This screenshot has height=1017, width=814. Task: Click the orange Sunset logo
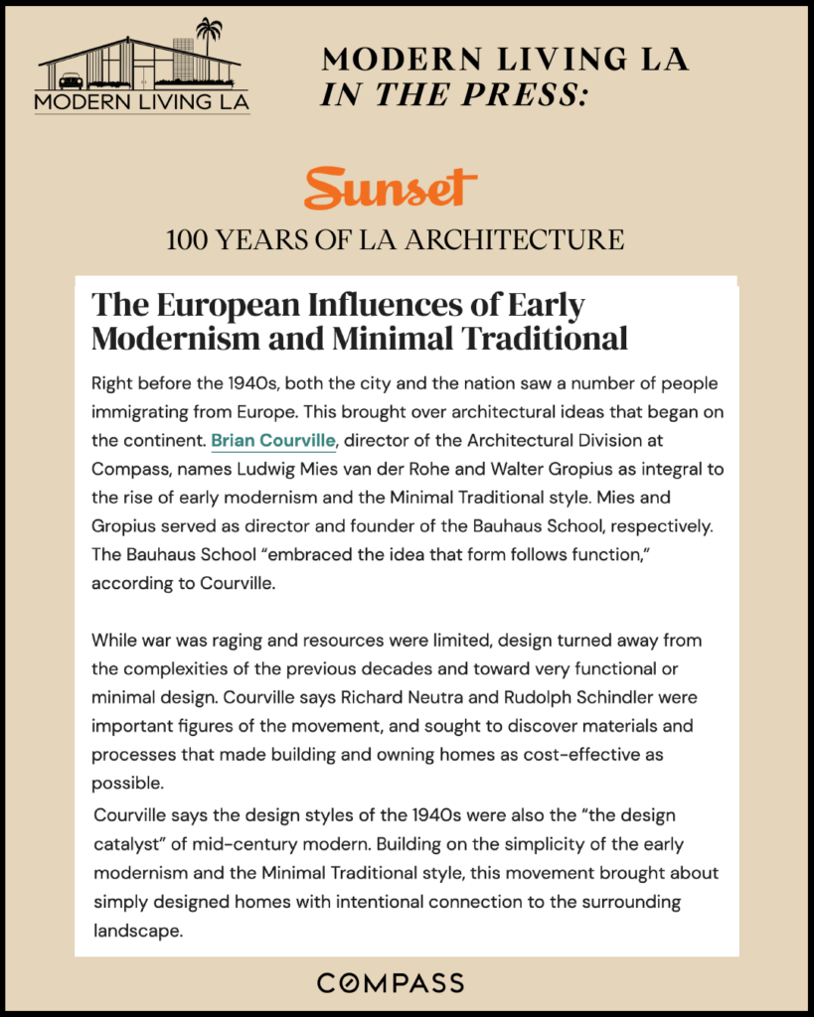[x=390, y=189]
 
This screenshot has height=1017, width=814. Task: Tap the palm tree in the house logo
[x=209, y=36]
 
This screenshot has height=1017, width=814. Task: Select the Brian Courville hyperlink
[x=273, y=438]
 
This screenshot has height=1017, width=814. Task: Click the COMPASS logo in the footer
[x=390, y=983]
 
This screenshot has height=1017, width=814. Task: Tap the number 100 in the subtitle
[x=189, y=239]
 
